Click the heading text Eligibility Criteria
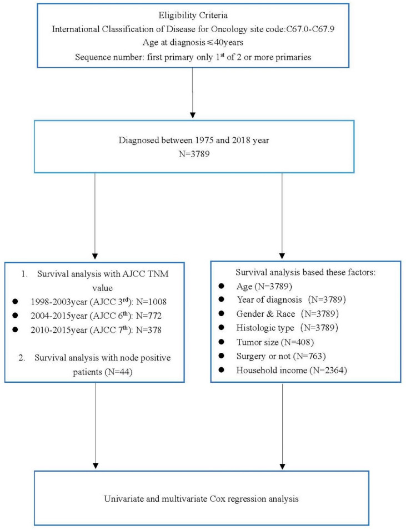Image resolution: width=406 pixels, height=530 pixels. (x=193, y=15)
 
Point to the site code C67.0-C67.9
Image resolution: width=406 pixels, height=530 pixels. (x=310, y=29)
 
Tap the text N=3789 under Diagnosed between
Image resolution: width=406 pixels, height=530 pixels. (x=194, y=154)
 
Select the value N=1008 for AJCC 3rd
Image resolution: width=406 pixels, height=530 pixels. (x=151, y=302)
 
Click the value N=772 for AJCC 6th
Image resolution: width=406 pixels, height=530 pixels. (x=149, y=316)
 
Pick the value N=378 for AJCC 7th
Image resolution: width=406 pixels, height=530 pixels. (x=149, y=330)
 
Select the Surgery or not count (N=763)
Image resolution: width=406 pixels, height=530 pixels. (x=309, y=356)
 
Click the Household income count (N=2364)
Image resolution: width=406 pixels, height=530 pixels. (x=327, y=371)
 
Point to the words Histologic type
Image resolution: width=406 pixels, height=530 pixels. (x=265, y=328)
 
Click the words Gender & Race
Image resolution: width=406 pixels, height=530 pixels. (x=265, y=314)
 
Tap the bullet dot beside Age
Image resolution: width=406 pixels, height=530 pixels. (x=222, y=286)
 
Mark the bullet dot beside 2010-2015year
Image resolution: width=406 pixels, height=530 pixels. (x=15, y=329)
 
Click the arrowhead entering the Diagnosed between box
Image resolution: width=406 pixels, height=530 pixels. (x=193, y=115)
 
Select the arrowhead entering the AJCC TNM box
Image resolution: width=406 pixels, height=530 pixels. (x=95, y=257)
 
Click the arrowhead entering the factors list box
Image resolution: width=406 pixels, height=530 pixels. (x=282, y=256)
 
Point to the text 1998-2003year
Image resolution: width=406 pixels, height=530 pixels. (x=59, y=302)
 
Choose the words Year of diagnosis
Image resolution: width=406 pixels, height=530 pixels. (x=269, y=300)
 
